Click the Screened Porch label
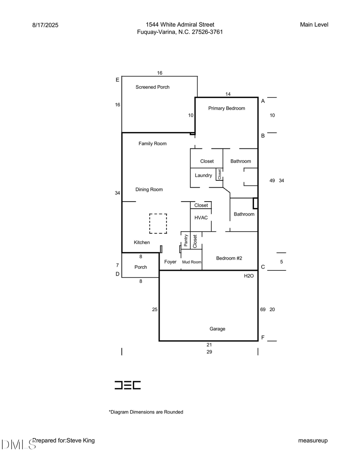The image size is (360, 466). click(152, 87)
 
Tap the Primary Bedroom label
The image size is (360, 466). click(226, 108)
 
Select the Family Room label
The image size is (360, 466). click(152, 144)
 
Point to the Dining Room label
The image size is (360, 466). click(149, 190)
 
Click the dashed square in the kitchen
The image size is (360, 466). click(158, 224)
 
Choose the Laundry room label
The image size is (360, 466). click(203, 176)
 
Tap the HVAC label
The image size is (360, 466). click(201, 218)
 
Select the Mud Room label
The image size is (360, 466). click(192, 262)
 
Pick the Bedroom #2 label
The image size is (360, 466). click(229, 258)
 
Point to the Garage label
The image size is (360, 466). click(217, 329)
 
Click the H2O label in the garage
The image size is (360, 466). click(249, 276)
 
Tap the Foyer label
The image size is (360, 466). click(170, 262)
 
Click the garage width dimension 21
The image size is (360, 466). click(209, 344)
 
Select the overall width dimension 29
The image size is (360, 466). click(209, 352)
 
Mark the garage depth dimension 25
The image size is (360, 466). click(155, 309)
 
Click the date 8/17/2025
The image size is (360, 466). click(45, 25)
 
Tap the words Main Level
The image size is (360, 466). click(314, 25)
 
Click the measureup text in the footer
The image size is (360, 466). click(313, 440)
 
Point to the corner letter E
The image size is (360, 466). click(117, 80)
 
